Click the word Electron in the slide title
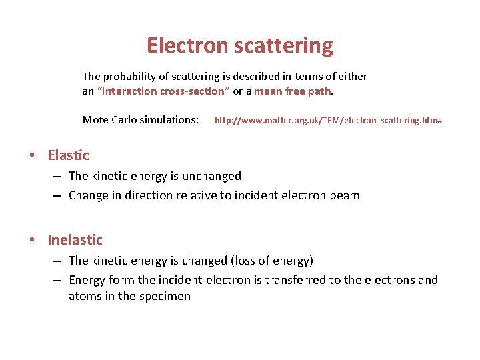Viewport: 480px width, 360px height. [187, 45]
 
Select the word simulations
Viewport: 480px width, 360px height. [169, 120]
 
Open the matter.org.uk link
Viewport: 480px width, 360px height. [328, 121]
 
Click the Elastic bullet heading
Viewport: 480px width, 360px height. [68, 155]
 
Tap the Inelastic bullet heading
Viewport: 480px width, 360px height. [75, 240]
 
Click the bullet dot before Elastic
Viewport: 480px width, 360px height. [33, 156]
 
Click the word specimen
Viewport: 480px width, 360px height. [165, 296]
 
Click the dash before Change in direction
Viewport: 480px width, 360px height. [57, 196]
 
